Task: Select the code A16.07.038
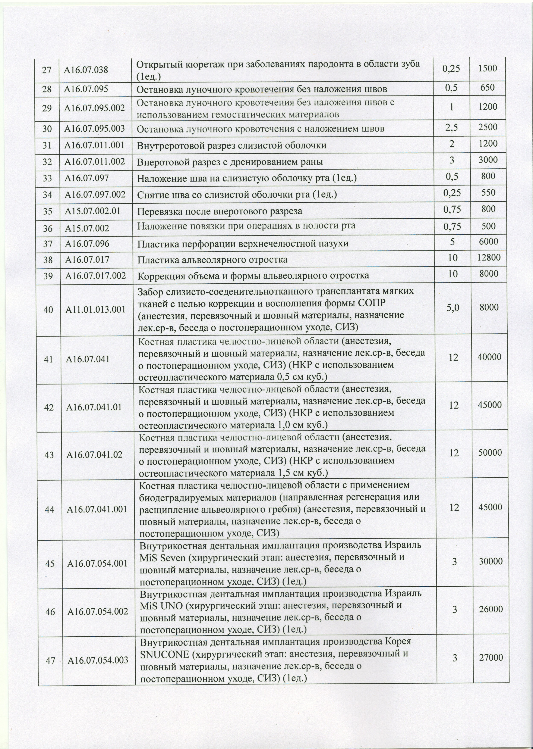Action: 86,70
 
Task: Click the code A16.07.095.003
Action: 95,128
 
